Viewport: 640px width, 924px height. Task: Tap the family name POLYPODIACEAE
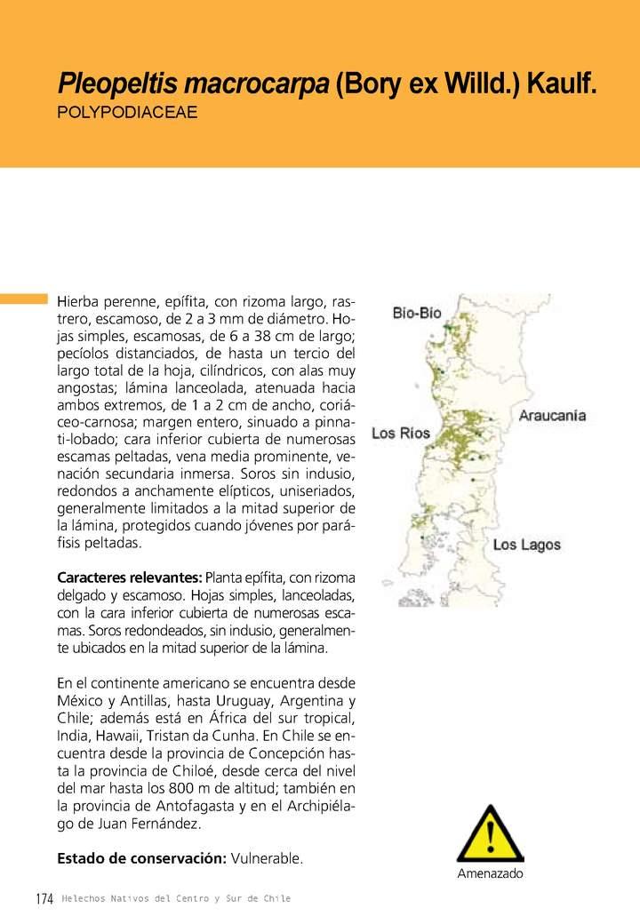click(127, 114)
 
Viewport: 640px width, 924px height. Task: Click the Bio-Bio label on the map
click(417, 313)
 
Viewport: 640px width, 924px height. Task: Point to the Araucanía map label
click(552, 415)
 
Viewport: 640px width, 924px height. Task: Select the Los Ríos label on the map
click(400, 434)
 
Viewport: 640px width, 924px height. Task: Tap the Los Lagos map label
click(527, 545)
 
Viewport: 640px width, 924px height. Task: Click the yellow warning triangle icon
click(490, 835)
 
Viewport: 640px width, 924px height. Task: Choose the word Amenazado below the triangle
click(490, 874)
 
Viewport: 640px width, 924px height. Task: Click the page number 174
click(44, 899)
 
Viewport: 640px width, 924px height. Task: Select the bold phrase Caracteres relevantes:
click(130, 578)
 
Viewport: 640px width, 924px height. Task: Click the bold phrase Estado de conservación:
click(141, 858)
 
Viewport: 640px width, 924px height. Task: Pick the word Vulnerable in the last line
click(267, 858)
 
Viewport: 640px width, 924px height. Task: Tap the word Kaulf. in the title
click(561, 85)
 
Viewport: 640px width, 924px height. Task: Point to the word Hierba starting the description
click(78, 301)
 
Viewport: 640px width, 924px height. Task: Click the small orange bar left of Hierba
click(23, 299)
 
